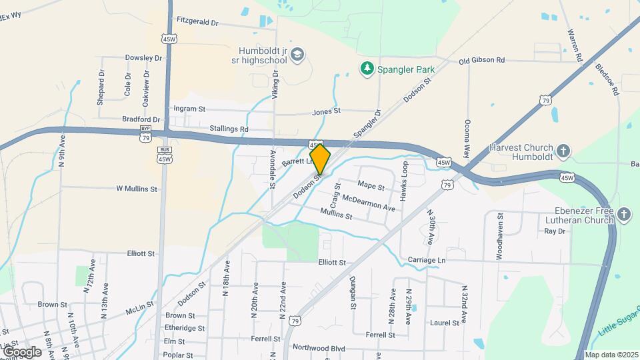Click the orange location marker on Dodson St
click(320, 159)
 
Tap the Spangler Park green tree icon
click(366, 68)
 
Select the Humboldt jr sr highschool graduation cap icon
click(298, 53)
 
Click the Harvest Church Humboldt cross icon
click(563, 151)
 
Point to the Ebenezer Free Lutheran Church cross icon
click(623, 214)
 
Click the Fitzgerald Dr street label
click(195, 23)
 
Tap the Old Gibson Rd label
click(481, 61)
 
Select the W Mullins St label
click(137, 189)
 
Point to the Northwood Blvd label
click(319, 348)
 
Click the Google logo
click(22, 351)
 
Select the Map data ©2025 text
click(611, 355)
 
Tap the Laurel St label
click(445, 323)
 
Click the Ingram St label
click(189, 108)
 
